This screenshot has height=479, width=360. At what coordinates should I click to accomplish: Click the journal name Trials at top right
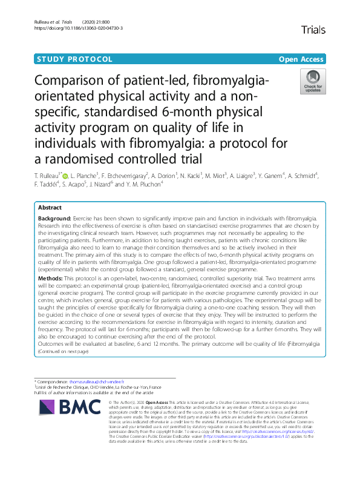click(x=313, y=29)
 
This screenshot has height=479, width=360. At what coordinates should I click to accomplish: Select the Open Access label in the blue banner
click(x=302, y=59)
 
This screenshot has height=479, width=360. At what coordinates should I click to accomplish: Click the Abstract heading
click(x=51, y=206)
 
